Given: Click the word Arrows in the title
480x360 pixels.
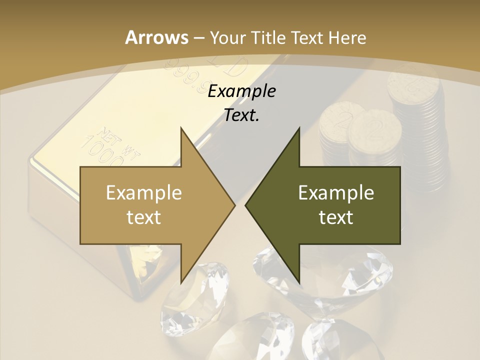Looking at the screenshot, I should (156, 37).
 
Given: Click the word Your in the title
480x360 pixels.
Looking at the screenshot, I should (228, 37).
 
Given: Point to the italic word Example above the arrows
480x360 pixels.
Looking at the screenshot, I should (241, 91).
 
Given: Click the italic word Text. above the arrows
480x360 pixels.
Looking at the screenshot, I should (241, 115).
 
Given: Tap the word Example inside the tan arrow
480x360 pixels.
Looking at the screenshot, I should (144, 192).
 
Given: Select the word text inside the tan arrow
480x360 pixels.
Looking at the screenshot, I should (144, 217).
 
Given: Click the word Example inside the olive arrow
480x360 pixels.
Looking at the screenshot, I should (336, 192).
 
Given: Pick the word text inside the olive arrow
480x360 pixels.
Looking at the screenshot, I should (336, 217).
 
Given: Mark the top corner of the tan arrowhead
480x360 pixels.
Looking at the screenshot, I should (181, 128).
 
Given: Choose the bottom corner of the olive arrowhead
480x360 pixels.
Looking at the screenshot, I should (298, 282).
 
